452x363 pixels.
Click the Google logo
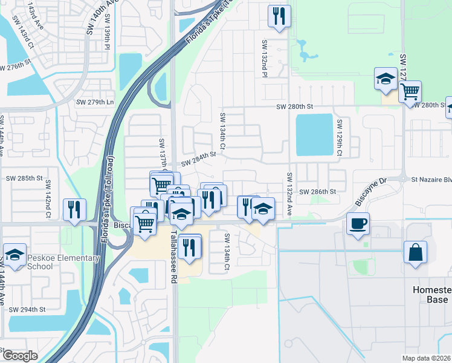(x=19, y=356)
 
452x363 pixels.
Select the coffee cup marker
(x=358, y=223)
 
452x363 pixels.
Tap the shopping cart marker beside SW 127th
(x=410, y=91)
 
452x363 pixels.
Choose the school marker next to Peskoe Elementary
(x=15, y=253)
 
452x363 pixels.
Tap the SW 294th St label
(x=27, y=310)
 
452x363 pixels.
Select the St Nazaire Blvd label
(x=431, y=180)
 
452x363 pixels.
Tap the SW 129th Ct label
(x=340, y=139)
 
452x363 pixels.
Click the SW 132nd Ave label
(x=289, y=194)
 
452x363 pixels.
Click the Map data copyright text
(x=427, y=358)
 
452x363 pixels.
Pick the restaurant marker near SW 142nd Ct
(x=75, y=209)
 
